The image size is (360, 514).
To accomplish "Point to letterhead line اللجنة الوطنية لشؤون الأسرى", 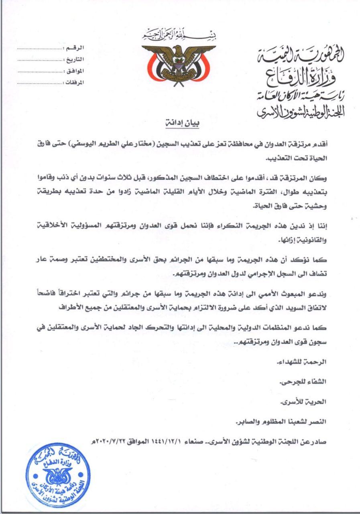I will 301,112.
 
